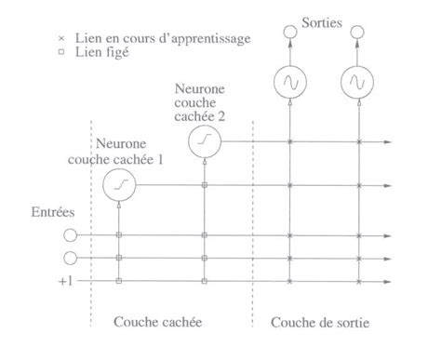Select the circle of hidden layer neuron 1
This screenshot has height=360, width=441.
118,185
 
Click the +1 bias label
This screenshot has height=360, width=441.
62,280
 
